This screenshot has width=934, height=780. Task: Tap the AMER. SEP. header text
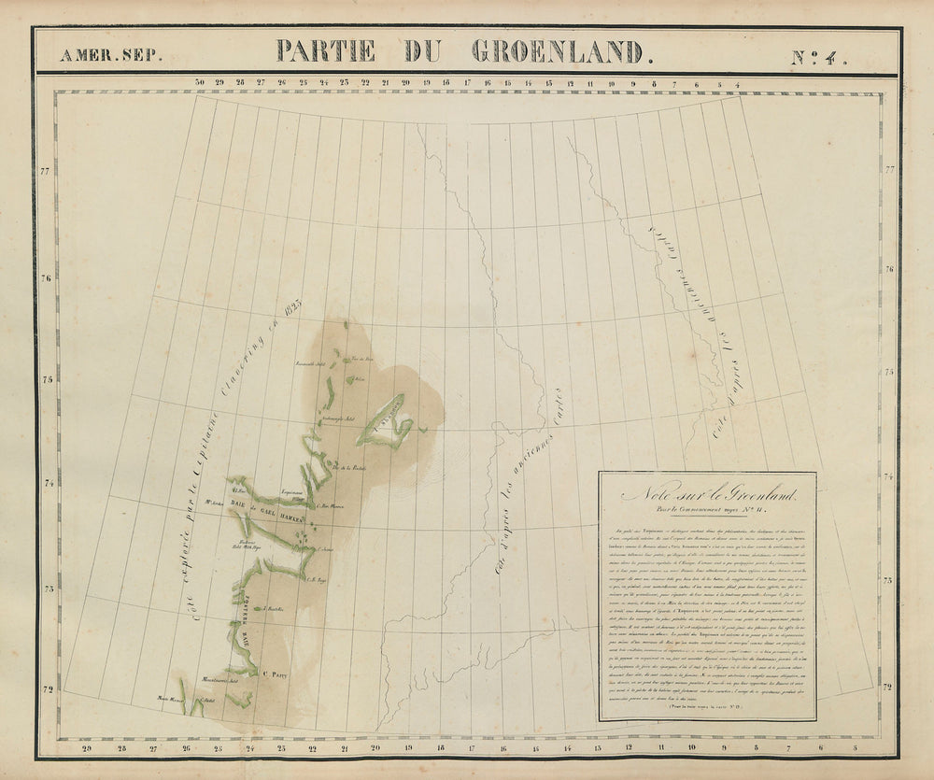(110, 55)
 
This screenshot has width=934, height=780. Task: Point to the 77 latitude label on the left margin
(44, 171)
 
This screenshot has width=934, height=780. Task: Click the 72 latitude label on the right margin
(888, 686)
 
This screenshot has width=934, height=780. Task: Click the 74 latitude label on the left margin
(44, 483)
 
